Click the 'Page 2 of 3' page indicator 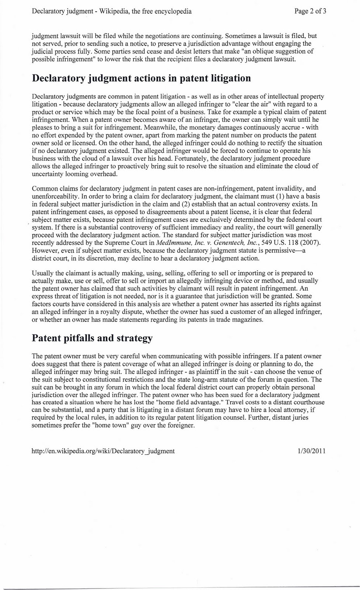click(x=310, y=11)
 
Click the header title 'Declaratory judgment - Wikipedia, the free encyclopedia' click(x=112, y=11)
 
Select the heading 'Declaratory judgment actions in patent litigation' click(x=141, y=78)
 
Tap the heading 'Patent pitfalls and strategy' click(x=92, y=338)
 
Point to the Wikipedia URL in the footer click(x=103, y=451)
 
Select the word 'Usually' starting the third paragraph click(x=43, y=273)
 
